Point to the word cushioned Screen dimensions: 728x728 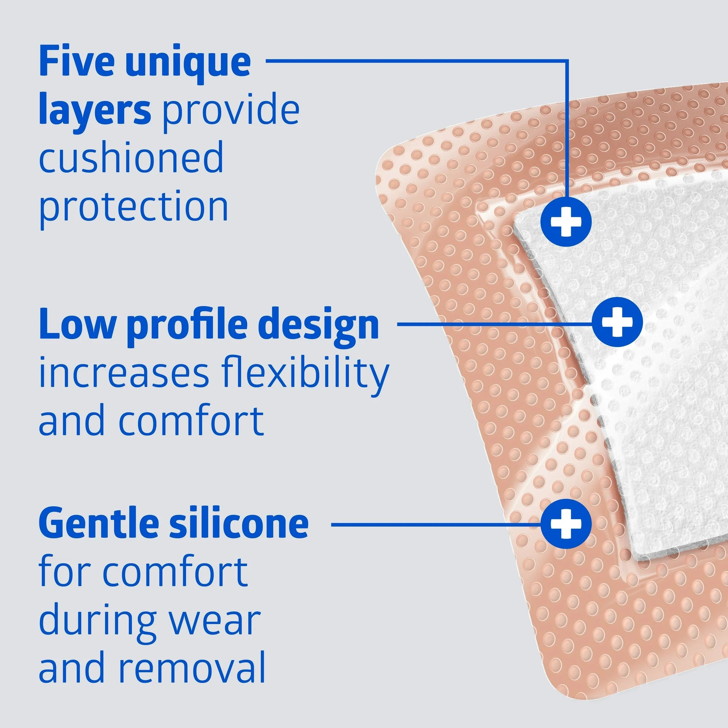(x=131, y=158)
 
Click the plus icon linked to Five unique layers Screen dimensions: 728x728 (x=566, y=222)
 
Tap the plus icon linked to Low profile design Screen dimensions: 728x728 (x=617, y=322)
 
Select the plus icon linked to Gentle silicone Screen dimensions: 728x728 (x=566, y=524)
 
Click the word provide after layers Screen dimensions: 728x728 (x=231, y=111)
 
